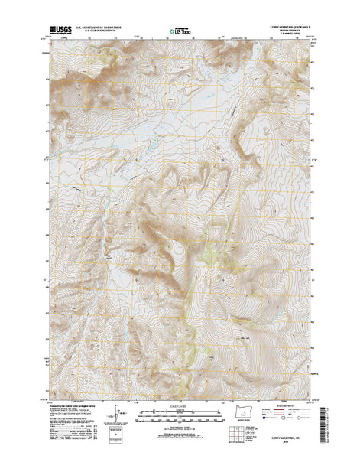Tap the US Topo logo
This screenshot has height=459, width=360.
pyautogui.click(x=180, y=32)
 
